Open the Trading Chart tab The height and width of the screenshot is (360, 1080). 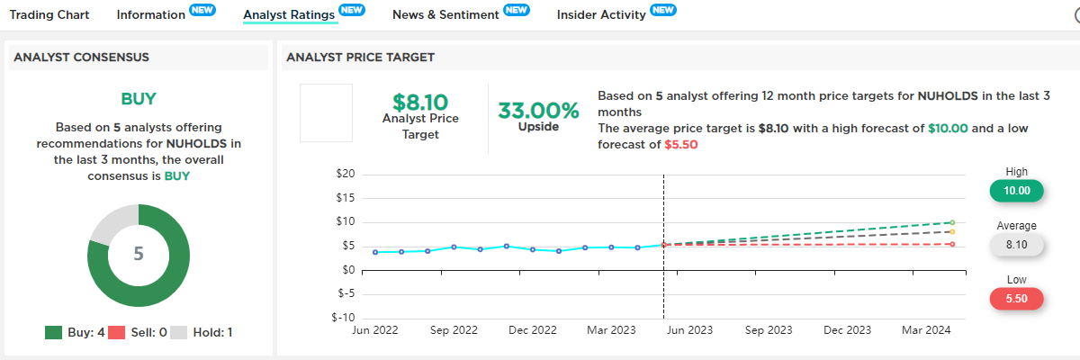click(50, 14)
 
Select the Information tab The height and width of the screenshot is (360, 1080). click(150, 14)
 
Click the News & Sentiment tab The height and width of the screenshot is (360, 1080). click(445, 14)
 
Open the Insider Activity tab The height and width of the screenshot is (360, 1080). click(601, 14)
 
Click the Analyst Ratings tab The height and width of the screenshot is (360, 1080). click(290, 14)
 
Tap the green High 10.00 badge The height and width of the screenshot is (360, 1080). click(1016, 191)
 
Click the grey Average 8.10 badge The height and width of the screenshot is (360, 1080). click(1016, 244)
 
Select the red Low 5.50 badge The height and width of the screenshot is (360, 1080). click(1016, 298)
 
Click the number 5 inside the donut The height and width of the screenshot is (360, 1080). click(139, 254)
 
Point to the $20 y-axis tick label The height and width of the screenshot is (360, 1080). click(345, 174)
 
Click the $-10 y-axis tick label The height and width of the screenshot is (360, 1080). click(343, 317)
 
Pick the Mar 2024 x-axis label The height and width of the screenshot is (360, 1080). click(926, 331)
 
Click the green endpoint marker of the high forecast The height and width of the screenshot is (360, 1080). click(952, 221)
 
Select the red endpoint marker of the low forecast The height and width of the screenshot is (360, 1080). click(952, 244)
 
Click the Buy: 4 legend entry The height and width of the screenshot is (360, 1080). click(76, 332)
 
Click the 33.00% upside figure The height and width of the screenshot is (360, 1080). click(539, 111)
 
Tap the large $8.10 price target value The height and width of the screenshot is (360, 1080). click(420, 103)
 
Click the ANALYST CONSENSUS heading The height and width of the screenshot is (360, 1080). click(81, 57)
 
